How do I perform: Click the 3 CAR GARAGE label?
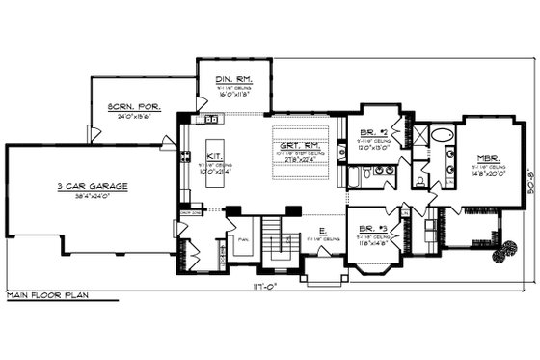tap(93, 186)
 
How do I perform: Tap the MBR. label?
tap(487, 157)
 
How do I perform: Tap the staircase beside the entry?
tap(282, 247)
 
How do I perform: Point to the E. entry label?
tap(320, 231)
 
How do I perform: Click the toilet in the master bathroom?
tap(421, 180)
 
